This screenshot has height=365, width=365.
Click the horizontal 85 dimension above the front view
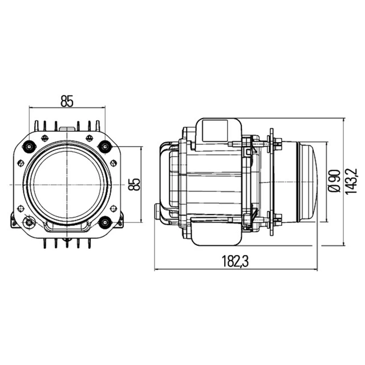click(x=67, y=102)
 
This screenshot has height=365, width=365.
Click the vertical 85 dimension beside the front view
click(x=135, y=184)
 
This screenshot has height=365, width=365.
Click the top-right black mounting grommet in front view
click(x=104, y=147)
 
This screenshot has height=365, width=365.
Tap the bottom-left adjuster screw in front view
click(x=29, y=222)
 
